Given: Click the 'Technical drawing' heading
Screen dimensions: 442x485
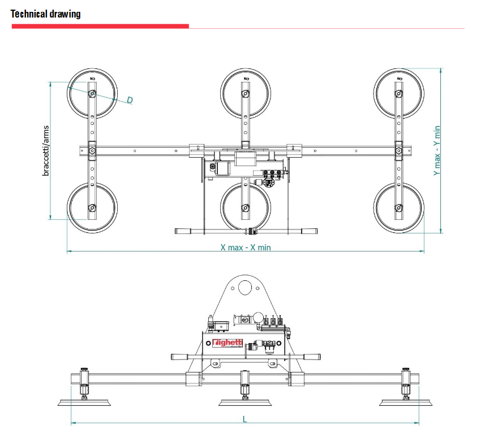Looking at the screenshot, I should coord(46,14).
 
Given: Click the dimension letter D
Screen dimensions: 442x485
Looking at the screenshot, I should coord(130,100).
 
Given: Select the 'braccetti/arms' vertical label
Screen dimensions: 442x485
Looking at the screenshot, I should coord(46,150).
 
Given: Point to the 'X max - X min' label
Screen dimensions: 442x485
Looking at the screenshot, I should coord(246,247).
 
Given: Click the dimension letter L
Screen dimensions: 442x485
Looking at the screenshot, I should coord(245,419).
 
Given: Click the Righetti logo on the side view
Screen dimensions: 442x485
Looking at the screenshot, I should coord(228,343).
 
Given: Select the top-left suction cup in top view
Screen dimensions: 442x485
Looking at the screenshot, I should coord(92,93).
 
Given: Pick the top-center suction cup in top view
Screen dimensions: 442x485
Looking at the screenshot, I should coord(245,93).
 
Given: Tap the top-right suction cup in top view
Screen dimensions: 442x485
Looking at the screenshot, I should coord(398,93).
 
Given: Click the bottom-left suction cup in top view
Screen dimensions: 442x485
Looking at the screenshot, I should coord(92,207).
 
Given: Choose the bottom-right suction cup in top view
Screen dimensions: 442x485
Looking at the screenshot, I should coord(398,207).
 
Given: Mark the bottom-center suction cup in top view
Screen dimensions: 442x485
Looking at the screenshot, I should coord(245,207).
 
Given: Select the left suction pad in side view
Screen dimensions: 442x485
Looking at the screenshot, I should coord(84,402).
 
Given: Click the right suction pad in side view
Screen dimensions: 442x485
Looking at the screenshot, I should coord(406,402).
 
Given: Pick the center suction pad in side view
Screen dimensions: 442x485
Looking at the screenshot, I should coord(245,402).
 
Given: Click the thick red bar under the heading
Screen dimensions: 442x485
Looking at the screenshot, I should coord(100,26).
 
